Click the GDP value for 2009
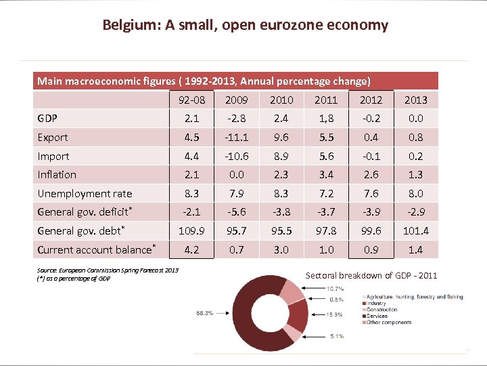pos(236,119)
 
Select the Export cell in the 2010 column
pos(281,138)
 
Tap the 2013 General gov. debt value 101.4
pos(415,231)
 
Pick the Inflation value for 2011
pos(326,175)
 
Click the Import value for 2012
pos(371,156)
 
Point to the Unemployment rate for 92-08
pos(191,194)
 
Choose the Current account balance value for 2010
pos(281,250)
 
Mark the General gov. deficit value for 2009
pos(236,212)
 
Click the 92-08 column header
pos(191,100)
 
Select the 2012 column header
pos(371,100)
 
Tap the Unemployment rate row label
pos(85,194)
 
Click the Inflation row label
pos(57,175)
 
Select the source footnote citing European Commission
pos(108,270)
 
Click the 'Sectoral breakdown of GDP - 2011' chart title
pos(371,275)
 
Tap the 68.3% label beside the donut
pos(204,312)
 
